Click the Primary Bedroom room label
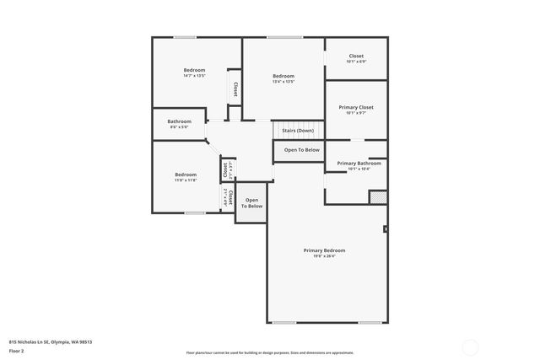pos(325,250)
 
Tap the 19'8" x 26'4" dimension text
pos(325,256)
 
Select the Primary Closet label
pos(356,107)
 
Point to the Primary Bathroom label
pos(359,163)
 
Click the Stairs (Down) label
pos(298,131)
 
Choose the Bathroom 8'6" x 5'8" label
pos(179,121)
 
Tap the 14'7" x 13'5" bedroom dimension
pos(195,76)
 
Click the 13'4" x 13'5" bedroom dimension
pos(283,82)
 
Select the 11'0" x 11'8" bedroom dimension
pos(186,180)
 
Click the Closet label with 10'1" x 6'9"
pos(356,56)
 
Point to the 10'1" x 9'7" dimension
pos(356,113)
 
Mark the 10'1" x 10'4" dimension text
pos(359,169)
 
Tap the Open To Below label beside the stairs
pos(301,150)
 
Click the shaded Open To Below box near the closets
pos(251,203)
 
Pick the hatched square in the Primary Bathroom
pos(378,196)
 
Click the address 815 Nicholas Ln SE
pos(51,341)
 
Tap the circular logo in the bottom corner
pos(470,346)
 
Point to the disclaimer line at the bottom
pos(269,352)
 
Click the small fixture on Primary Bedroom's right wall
pos(386,228)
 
